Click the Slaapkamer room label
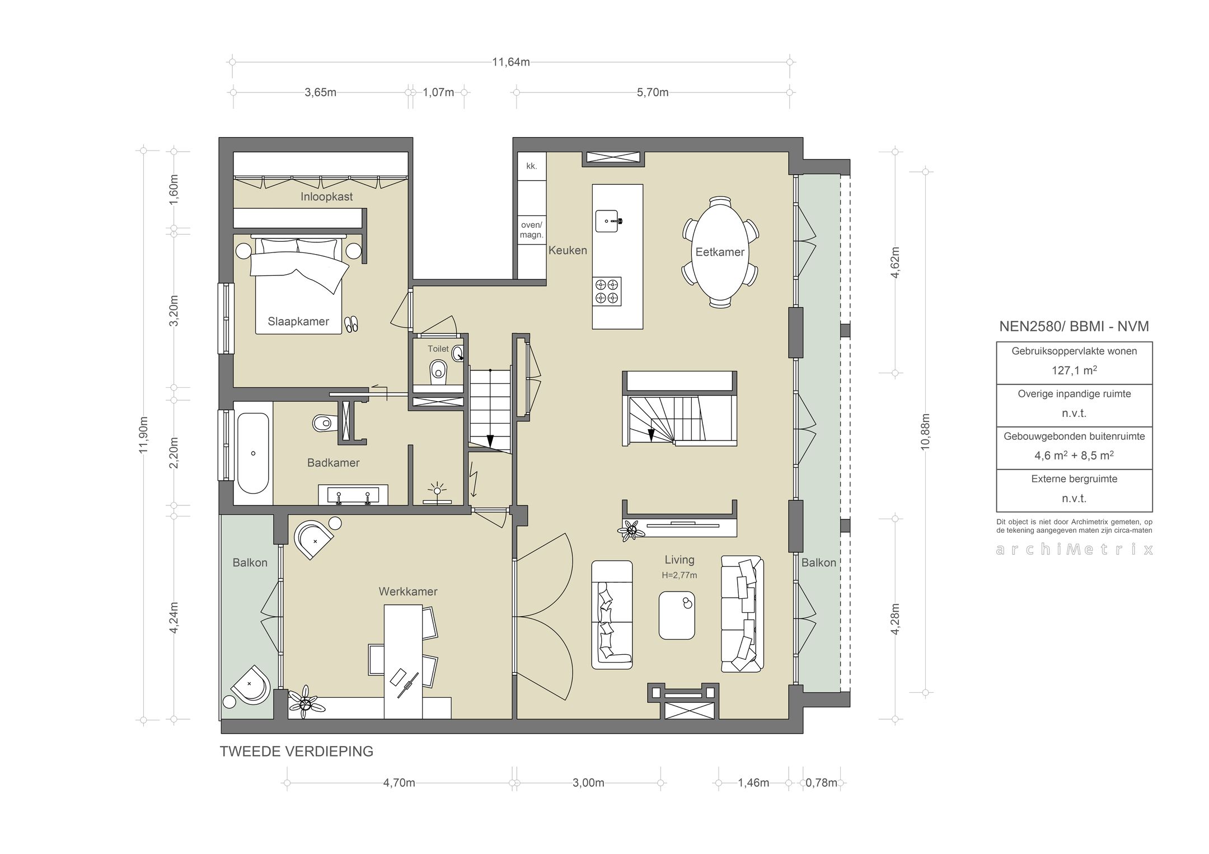coord(298,322)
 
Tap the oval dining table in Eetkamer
coord(720,252)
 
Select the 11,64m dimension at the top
coord(510,62)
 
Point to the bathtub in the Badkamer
coord(253,453)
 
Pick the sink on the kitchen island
coord(608,220)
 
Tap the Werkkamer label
coord(408,592)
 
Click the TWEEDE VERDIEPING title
coord(297,752)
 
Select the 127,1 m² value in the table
coord(1074,370)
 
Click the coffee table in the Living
coord(677,615)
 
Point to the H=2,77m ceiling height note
coord(680,575)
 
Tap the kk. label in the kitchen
coord(532,166)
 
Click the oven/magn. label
coord(532,230)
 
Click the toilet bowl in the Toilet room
coord(438,371)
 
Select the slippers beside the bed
coord(351,324)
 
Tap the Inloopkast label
coord(326,196)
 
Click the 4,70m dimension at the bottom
coord(399,783)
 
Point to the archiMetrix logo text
coord(1074,550)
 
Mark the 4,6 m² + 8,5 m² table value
coord(1074,456)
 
